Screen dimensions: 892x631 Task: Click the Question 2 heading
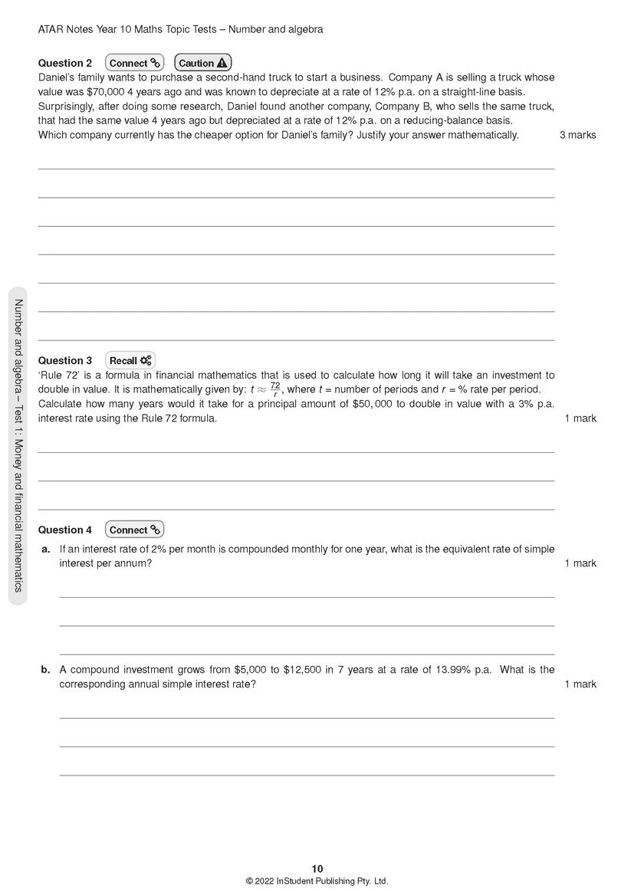click(65, 63)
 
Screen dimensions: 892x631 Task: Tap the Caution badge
click(203, 63)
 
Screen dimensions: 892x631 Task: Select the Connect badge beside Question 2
click(134, 63)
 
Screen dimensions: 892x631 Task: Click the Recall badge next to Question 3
click(130, 360)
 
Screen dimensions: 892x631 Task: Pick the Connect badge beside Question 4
click(134, 530)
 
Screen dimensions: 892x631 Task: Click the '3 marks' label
click(577, 135)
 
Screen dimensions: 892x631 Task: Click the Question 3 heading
click(65, 360)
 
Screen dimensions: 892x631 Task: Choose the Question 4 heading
click(65, 530)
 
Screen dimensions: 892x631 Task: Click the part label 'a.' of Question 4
click(46, 549)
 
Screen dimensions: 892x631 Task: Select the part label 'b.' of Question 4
click(46, 669)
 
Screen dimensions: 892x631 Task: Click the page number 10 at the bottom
click(317, 868)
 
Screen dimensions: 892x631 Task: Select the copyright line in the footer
click(317, 881)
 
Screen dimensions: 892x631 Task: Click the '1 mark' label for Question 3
click(580, 418)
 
